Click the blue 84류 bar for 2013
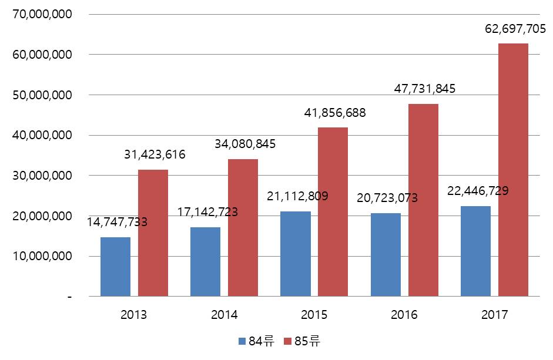(115, 267)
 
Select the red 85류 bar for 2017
(513, 170)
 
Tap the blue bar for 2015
(295, 254)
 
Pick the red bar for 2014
(243, 227)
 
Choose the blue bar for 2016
(386, 255)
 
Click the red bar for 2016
(423, 200)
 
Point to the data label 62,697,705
(515, 29)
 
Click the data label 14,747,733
(117, 222)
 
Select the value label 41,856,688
(335, 113)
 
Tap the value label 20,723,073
(387, 198)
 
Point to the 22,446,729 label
(478, 191)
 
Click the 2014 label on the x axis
(224, 315)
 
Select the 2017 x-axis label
(494, 315)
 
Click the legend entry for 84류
(256, 341)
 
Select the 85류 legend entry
(302, 341)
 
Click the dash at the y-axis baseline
(69, 297)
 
